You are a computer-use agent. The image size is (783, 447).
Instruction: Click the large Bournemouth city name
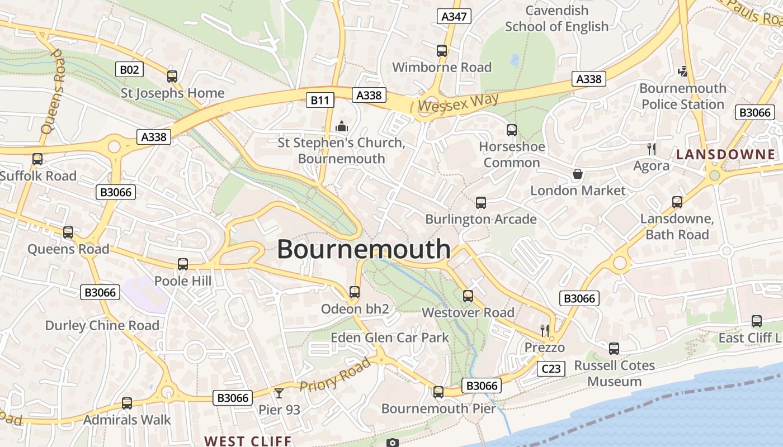click(x=364, y=249)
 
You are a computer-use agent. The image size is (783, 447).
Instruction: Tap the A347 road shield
click(x=454, y=16)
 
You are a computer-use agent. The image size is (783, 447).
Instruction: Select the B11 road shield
click(x=320, y=100)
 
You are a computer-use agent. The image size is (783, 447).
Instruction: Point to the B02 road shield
click(x=129, y=69)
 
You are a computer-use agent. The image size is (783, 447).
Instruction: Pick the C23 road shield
click(x=551, y=368)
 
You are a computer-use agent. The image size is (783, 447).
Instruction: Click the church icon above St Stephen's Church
click(x=342, y=127)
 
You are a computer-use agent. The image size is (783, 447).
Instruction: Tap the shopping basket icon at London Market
click(x=578, y=174)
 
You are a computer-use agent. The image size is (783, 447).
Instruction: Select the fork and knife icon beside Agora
click(x=651, y=149)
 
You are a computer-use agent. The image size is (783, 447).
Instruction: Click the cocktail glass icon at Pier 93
click(x=279, y=393)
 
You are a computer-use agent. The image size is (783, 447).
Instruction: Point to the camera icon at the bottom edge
click(x=393, y=443)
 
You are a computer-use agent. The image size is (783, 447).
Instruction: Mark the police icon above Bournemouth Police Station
click(x=682, y=71)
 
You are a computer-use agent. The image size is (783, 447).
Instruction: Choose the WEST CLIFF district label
click(x=248, y=441)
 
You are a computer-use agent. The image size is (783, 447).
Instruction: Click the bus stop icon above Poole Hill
click(x=183, y=264)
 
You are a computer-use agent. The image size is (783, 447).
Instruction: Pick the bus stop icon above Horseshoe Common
click(x=511, y=130)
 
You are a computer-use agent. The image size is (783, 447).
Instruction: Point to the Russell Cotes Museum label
click(x=615, y=373)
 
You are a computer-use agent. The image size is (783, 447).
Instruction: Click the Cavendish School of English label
click(x=556, y=18)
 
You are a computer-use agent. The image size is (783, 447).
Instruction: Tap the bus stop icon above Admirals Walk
click(x=127, y=403)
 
